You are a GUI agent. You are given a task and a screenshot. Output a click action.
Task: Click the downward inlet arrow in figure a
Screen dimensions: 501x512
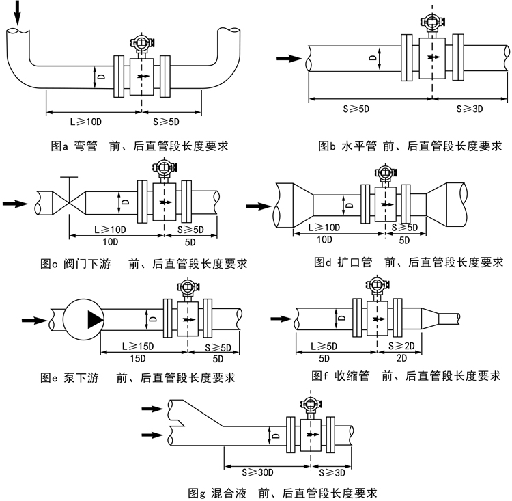[x=18, y=14]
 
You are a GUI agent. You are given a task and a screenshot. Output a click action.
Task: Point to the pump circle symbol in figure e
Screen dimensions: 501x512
[x=82, y=319]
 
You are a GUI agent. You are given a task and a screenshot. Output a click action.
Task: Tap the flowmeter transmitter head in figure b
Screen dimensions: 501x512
[x=430, y=22]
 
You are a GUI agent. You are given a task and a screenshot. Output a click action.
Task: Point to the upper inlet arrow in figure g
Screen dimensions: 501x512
[x=154, y=409]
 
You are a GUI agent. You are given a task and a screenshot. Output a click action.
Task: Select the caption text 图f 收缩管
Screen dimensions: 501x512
[x=339, y=375]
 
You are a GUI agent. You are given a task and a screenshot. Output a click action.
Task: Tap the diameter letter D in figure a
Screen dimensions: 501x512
[x=100, y=76]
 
